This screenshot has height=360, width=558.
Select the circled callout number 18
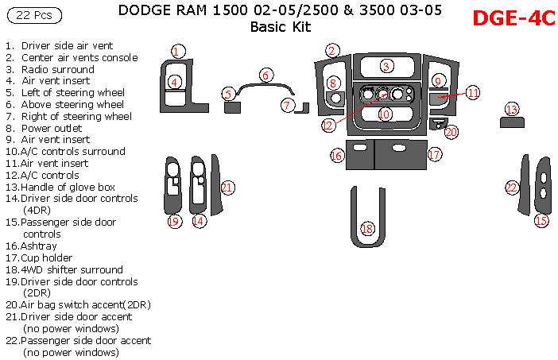(367, 229)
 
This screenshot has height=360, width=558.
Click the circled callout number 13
(512, 109)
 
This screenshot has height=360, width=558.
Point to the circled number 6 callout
(267, 75)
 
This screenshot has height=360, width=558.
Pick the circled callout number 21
(228, 188)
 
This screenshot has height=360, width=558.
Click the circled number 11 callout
(473, 93)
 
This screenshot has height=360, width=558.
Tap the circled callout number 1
(178, 51)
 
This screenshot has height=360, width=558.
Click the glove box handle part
(512, 122)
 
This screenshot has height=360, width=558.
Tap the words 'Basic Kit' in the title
(281, 28)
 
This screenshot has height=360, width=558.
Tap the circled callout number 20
(451, 132)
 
